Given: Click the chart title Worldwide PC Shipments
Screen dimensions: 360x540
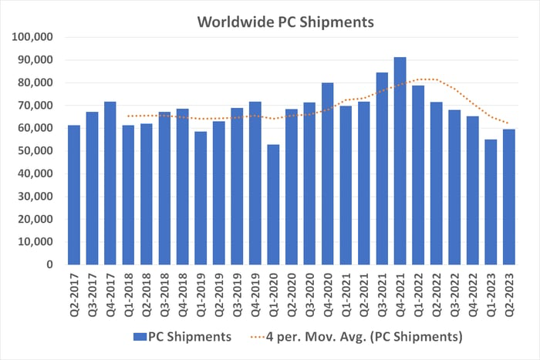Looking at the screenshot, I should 285,22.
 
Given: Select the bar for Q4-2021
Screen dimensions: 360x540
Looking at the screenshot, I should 400,161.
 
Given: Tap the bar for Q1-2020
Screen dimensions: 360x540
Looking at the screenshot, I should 272,204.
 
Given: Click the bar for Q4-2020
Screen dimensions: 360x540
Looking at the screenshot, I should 327,173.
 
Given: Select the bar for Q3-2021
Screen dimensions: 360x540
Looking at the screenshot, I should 382,169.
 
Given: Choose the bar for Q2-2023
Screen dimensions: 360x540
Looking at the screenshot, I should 509,197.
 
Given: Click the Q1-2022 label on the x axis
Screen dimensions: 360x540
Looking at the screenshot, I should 418,291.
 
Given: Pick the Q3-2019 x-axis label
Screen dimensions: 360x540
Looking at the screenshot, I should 237,291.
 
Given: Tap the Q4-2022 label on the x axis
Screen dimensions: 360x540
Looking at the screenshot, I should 473,291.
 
